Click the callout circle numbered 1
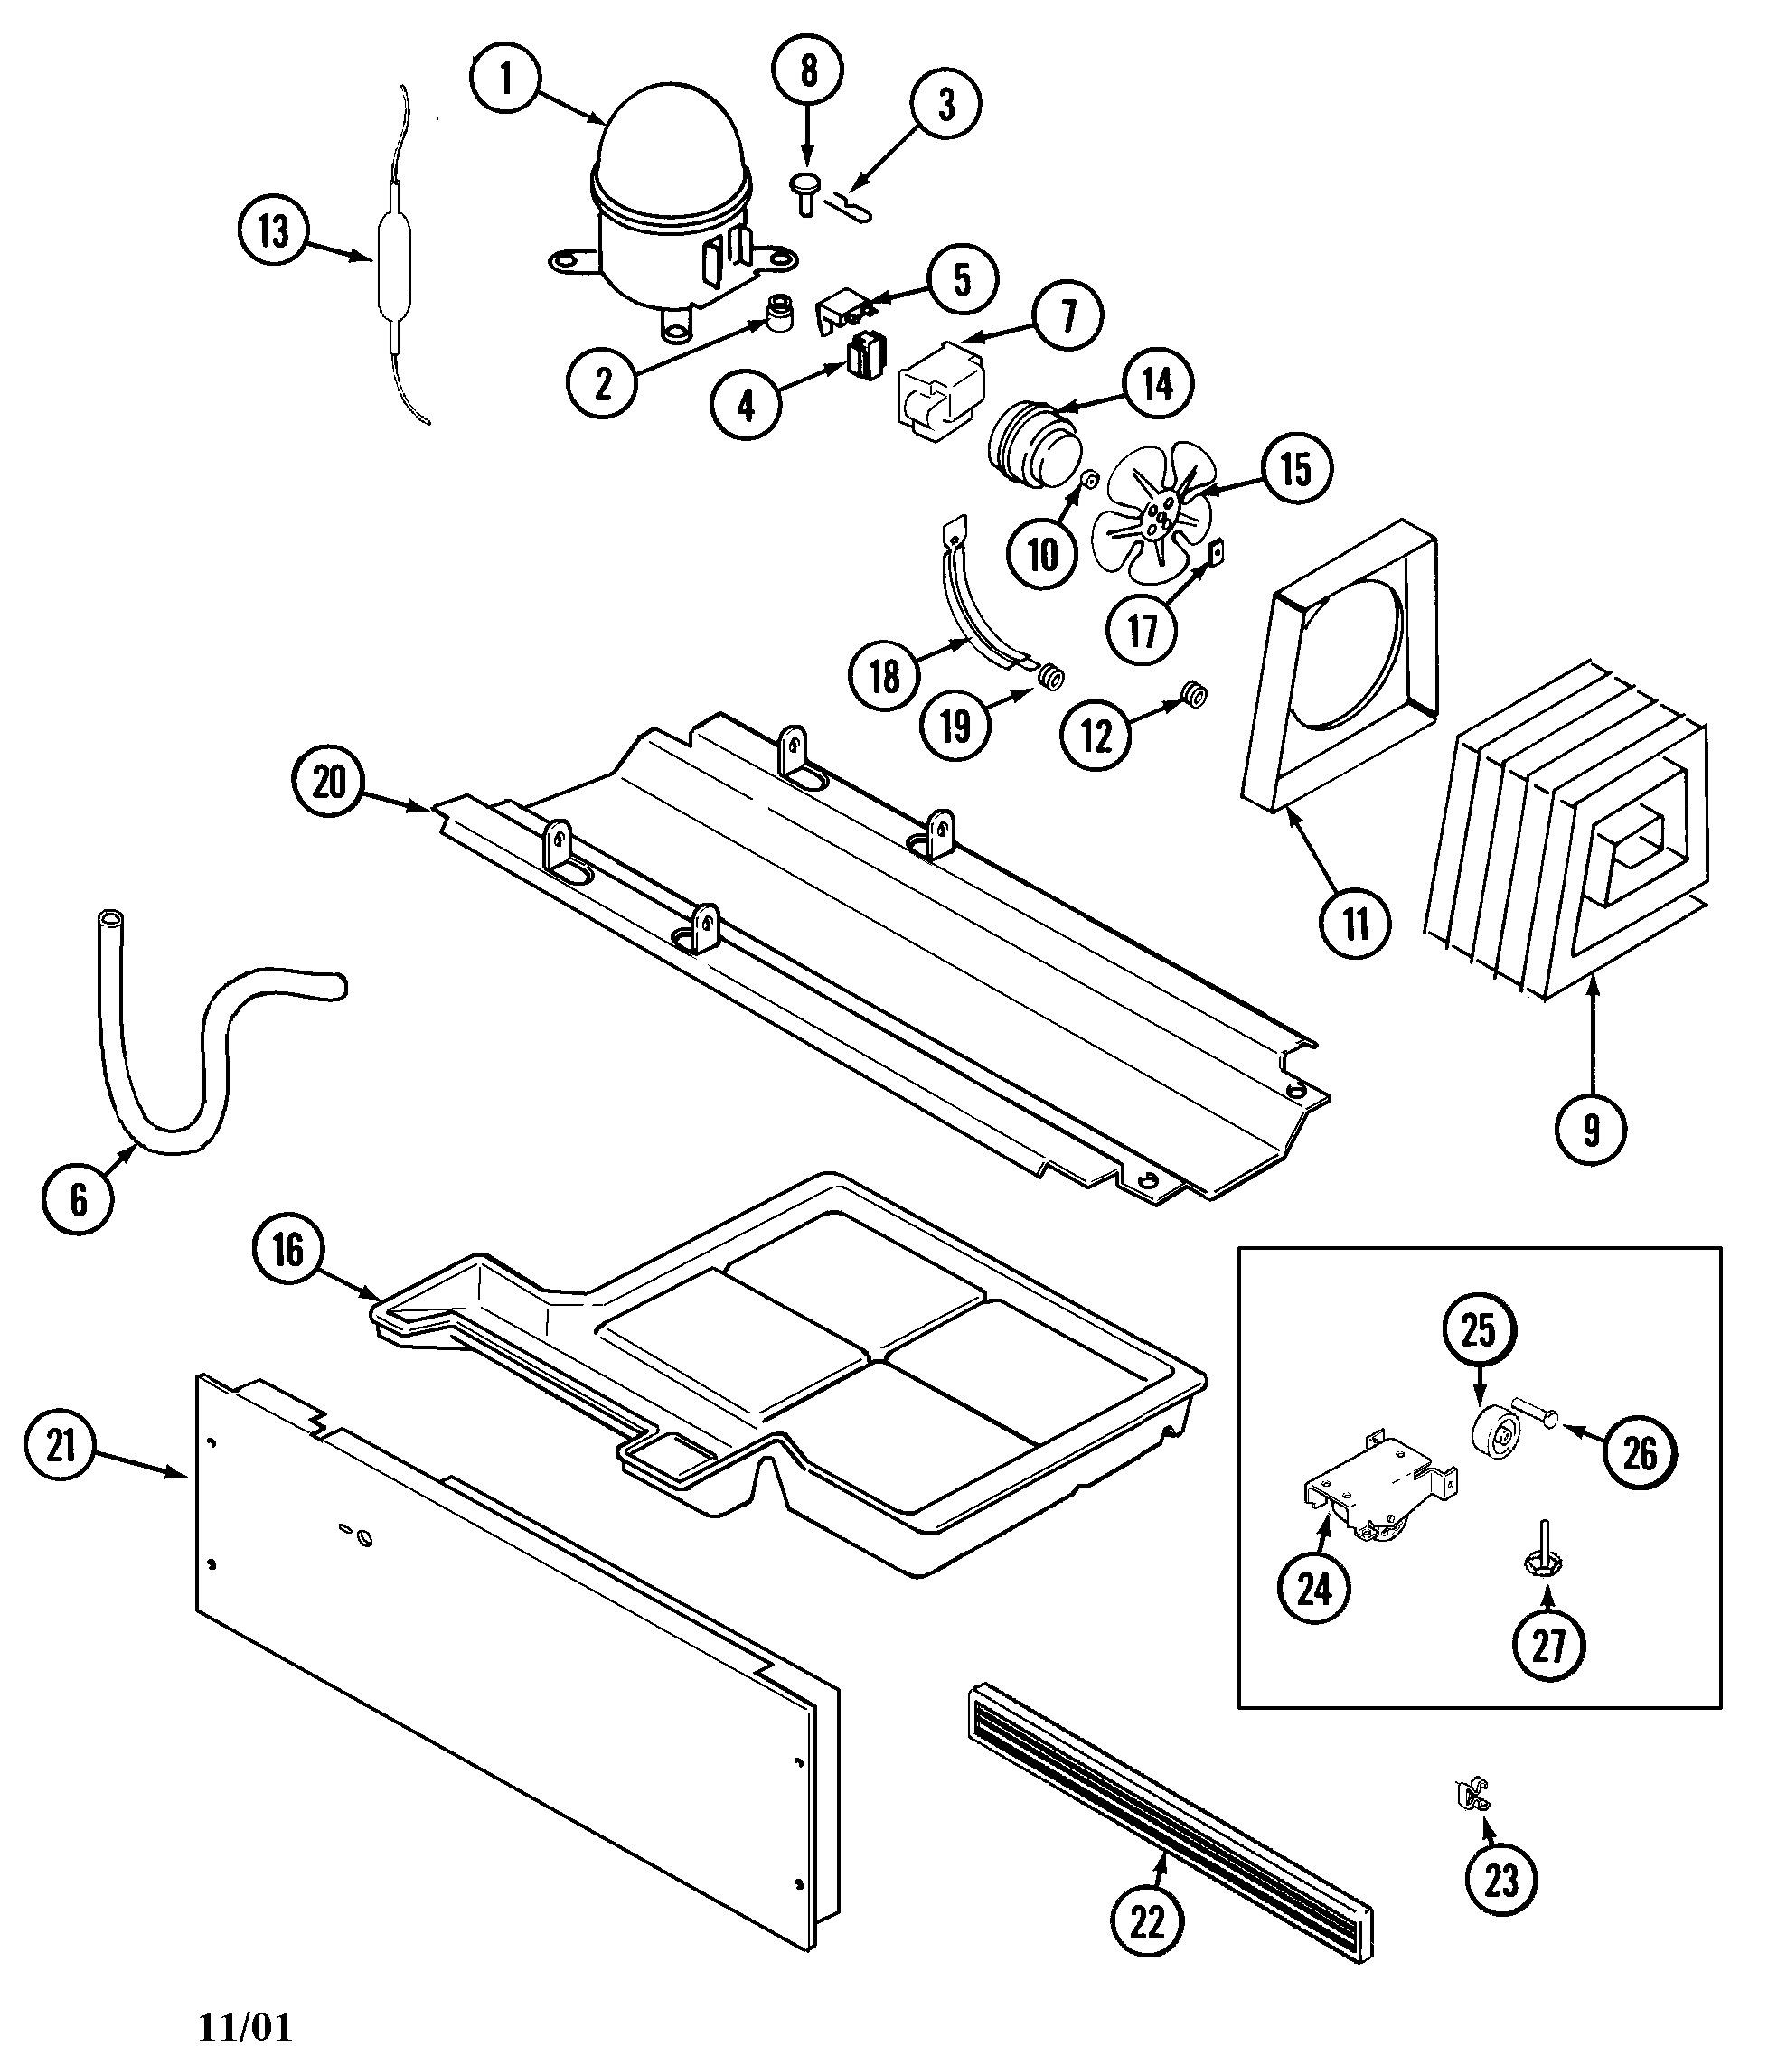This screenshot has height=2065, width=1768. click(505, 79)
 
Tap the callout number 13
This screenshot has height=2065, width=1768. click(273, 231)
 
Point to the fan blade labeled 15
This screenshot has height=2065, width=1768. click(1156, 512)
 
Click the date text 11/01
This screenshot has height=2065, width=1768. click(245, 2026)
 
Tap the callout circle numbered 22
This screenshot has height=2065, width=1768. click(1147, 1921)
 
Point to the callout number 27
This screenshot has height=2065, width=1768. click(1547, 1645)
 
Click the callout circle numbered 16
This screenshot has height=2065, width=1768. click(288, 1249)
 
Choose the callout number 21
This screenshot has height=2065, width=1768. click(61, 1444)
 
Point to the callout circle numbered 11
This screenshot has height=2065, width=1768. click(1356, 924)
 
